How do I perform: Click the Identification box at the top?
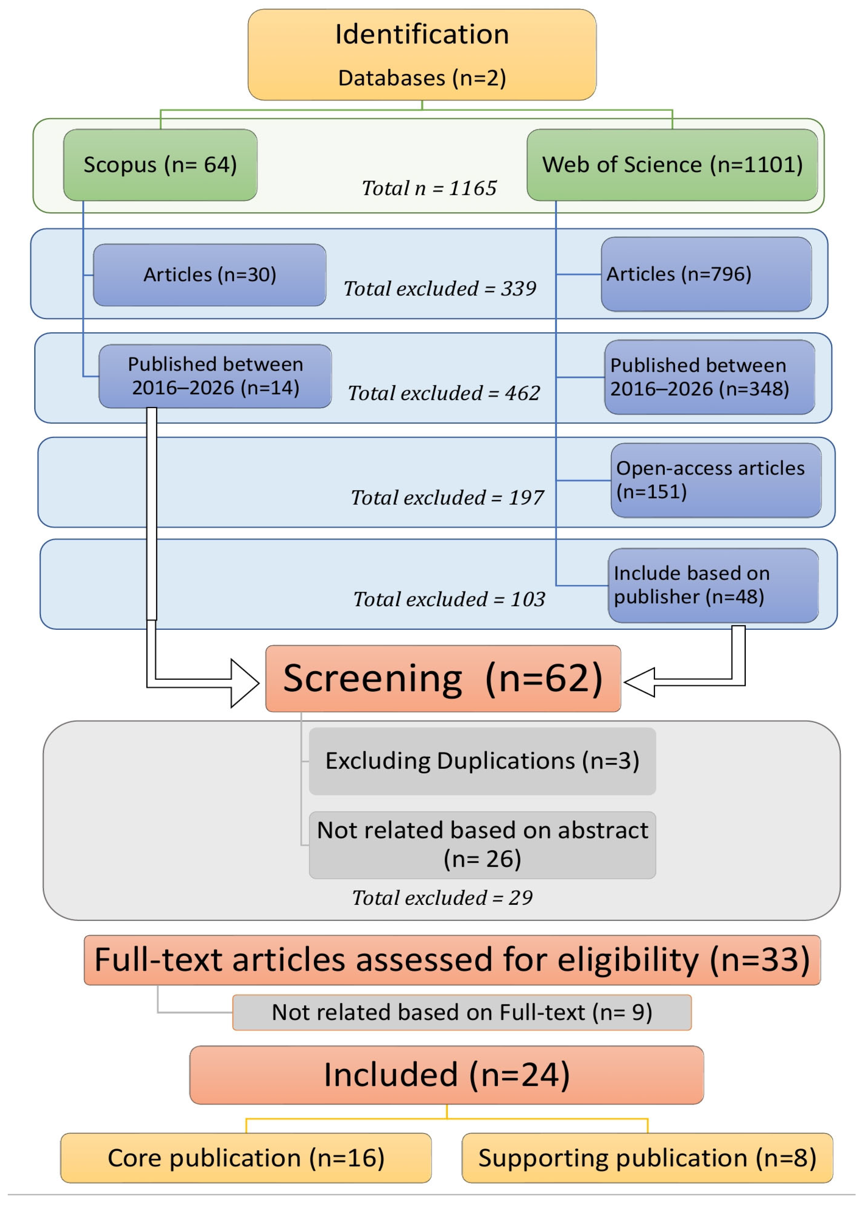tap(422, 55)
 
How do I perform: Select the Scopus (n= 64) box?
tap(160, 165)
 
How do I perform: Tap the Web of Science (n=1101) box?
tap(672, 165)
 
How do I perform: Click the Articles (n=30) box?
tap(210, 275)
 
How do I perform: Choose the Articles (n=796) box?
tap(706, 274)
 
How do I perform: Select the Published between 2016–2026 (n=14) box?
tap(215, 376)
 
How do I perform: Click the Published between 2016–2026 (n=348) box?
tap(709, 377)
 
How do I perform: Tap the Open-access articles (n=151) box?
tap(716, 480)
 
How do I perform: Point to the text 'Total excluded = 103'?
tap(449, 599)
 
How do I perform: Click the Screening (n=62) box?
tap(443, 679)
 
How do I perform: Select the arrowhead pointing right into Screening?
tap(244, 683)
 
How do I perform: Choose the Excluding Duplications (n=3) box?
tap(483, 761)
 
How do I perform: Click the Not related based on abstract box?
tap(483, 845)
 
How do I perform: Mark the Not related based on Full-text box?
tap(462, 1012)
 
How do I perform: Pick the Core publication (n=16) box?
tap(246, 1158)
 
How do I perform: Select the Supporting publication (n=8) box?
tap(647, 1158)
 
